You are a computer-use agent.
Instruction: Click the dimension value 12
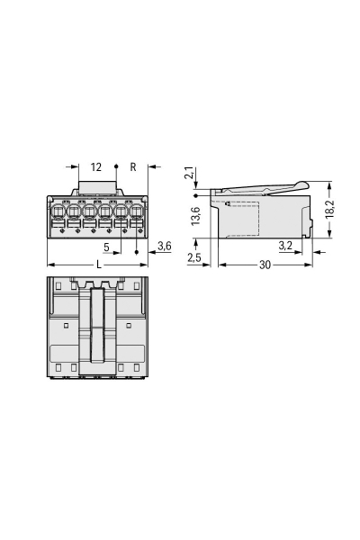[x=96, y=166]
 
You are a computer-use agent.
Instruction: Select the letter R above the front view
[x=133, y=166]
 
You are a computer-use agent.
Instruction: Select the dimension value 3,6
[x=164, y=246]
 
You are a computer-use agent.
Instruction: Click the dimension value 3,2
[x=283, y=245]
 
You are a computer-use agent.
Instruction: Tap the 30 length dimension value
[x=264, y=265]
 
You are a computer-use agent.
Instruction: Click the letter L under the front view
[x=97, y=265]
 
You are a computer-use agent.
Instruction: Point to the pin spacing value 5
[x=106, y=246]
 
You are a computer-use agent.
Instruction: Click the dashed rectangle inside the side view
[x=241, y=219]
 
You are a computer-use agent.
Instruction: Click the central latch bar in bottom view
[x=97, y=328]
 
